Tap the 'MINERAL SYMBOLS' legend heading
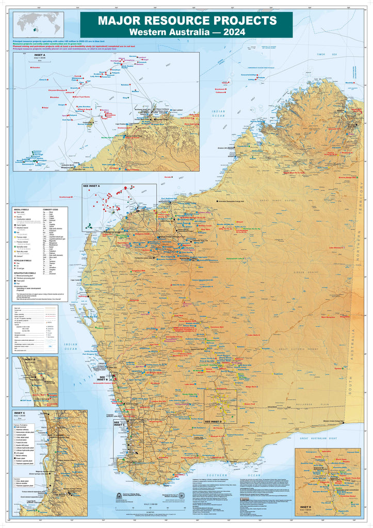click(24, 211)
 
